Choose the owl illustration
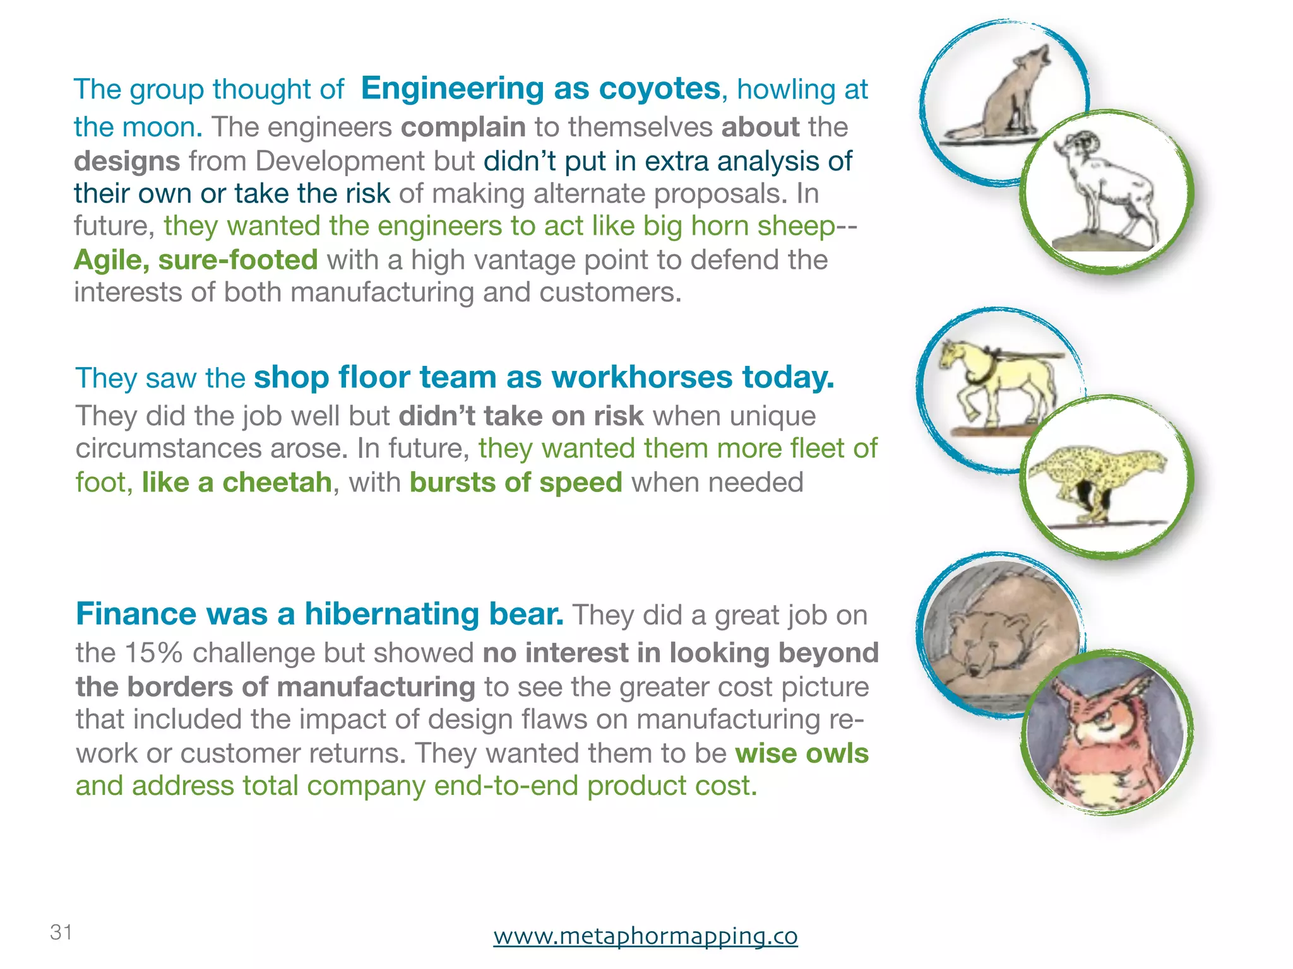point(1106,735)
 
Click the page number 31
point(61,932)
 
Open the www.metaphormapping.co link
point(645,935)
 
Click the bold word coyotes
point(659,88)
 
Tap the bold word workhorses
point(641,377)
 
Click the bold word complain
point(463,127)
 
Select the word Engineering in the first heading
point(451,88)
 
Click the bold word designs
point(127,161)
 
